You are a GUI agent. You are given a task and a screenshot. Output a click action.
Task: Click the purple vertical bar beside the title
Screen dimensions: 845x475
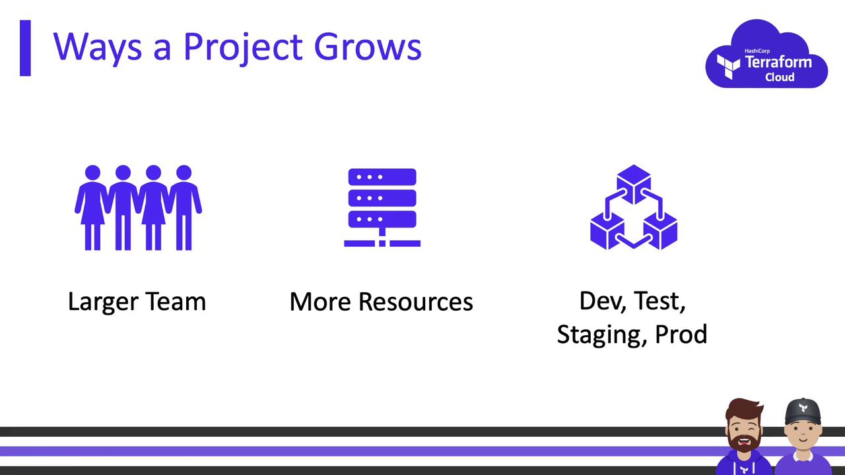pyautogui.click(x=25, y=48)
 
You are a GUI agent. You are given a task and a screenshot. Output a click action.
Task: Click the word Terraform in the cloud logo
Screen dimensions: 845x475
pyautogui.click(x=778, y=62)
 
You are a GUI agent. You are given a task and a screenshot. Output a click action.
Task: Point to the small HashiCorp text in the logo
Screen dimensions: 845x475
pyautogui.click(x=757, y=51)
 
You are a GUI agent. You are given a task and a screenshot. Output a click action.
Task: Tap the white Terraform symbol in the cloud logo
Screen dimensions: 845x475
pyautogui.click(x=728, y=67)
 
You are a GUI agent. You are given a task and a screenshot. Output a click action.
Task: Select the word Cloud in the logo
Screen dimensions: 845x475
pyautogui.click(x=780, y=77)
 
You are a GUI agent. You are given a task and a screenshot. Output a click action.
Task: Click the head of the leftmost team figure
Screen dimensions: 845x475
pyautogui.click(x=93, y=173)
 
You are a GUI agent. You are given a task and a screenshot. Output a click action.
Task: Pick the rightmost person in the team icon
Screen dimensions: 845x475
pyautogui.click(x=184, y=207)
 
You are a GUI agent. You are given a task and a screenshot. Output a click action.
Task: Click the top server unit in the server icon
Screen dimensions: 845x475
pyautogui.click(x=382, y=177)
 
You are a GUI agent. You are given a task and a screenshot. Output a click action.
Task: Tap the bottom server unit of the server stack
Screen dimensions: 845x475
pyautogui.click(x=382, y=219)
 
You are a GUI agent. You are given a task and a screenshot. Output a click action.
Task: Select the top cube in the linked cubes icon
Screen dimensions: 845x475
pyautogui.click(x=634, y=184)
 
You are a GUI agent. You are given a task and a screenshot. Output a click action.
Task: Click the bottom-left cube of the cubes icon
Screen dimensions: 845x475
pyautogui.click(x=607, y=231)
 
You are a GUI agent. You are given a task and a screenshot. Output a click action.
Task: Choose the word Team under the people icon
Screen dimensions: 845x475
pyautogui.click(x=176, y=301)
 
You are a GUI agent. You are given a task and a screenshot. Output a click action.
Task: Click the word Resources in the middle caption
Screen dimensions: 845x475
pyautogui.click(x=415, y=302)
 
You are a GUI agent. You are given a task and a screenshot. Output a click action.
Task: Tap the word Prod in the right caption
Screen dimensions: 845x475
pyautogui.click(x=681, y=334)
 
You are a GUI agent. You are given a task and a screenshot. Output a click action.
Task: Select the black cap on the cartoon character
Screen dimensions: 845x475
pyautogui.click(x=803, y=411)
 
